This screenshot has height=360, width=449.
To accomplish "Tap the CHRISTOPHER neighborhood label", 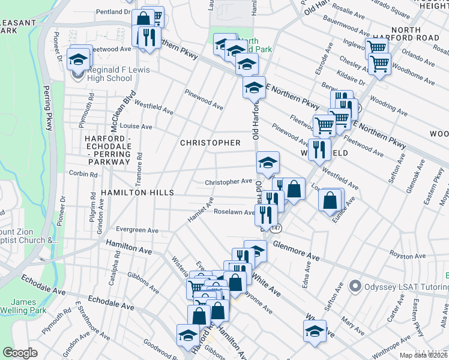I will pos(211,143).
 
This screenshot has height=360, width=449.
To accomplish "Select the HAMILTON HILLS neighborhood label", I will pos(137,193).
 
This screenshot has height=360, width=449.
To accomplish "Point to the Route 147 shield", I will pos(276,229).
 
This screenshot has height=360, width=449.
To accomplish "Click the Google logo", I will pos(20,353).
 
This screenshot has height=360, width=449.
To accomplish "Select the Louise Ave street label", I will pos(136,127).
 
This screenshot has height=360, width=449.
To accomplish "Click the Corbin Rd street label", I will pos(83,174).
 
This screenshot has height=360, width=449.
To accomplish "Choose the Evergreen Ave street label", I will pos(137,230).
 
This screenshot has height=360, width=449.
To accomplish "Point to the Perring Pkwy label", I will pos(47,108).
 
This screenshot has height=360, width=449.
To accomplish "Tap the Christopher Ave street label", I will pos(228,181).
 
